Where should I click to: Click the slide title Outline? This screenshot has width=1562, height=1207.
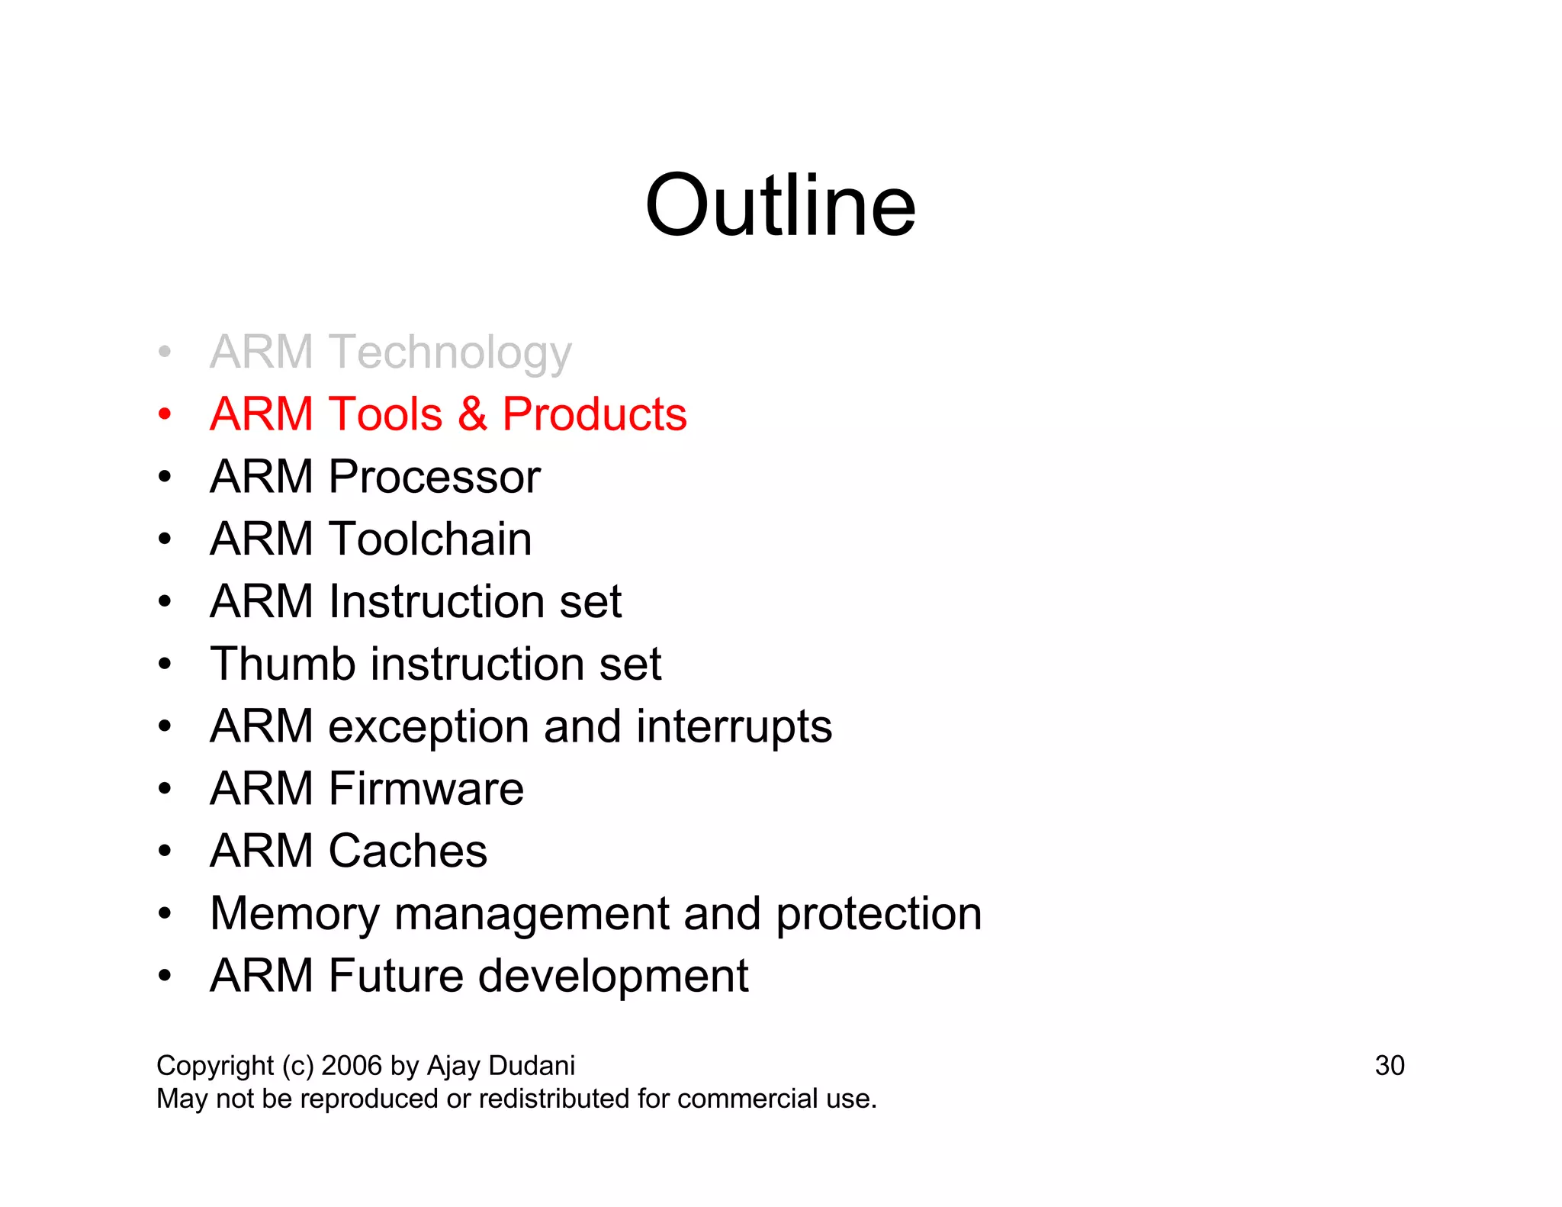tap(779, 206)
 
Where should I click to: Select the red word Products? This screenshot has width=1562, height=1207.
tap(594, 414)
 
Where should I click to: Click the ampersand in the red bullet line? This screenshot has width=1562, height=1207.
tap(472, 414)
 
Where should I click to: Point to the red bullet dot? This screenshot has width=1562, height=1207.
tap(165, 414)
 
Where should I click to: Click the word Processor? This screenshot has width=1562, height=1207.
tap(434, 477)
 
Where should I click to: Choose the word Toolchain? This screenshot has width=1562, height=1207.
tap(430, 539)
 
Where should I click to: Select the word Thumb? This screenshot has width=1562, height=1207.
tap(283, 664)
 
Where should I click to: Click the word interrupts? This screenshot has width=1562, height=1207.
tap(734, 726)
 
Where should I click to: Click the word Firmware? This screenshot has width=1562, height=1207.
tap(426, 788)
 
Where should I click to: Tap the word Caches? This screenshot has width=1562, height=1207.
tap(407, 851)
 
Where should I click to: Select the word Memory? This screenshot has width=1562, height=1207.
tap(294, 914)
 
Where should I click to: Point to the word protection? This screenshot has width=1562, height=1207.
tap(879, 914)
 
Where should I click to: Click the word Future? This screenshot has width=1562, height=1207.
tap(395, 976)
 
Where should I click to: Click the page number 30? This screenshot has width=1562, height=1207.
tap(1389, 1065)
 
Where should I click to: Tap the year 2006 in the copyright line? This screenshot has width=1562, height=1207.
tap(352, 1065)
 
